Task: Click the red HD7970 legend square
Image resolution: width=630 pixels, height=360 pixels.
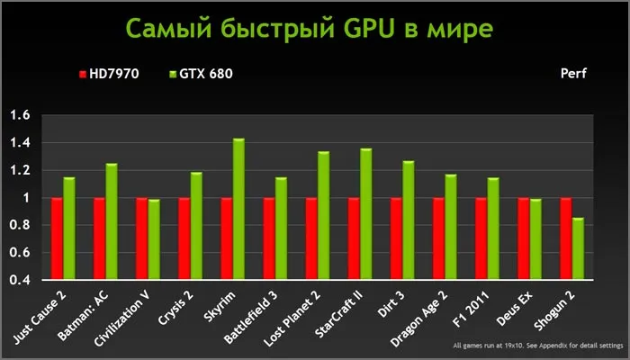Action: click(x=82, y=74)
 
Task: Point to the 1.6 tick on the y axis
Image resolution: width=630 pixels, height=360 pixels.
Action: click(x=19, y=115)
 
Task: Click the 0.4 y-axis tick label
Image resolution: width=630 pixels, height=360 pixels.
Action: click(x=19, y=280)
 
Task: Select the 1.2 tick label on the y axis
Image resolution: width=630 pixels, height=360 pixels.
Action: click(x=19, y=170)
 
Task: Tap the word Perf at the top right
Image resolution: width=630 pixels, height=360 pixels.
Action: click(x=572, y=74)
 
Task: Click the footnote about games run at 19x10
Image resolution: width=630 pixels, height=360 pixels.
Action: click(x=525, y=346)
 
